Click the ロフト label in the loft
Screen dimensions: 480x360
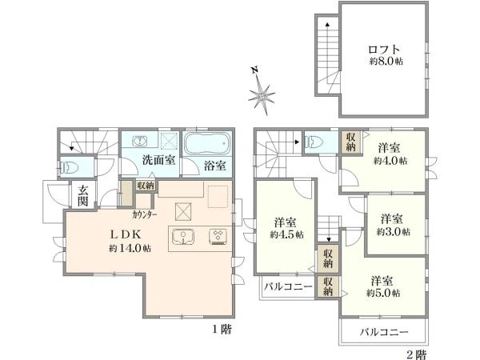(x=384, y=50)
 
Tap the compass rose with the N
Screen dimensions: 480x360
(x=261, y=93)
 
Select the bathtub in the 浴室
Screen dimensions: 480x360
(x=208, y=144)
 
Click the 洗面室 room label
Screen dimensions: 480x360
(x=158, y=160)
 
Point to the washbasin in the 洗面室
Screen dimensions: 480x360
(x=139, y=141)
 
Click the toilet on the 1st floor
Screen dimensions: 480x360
(x=70, y=167)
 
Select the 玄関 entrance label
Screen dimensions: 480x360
(x=82, y=196)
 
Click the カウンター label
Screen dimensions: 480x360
(x=145, y=215)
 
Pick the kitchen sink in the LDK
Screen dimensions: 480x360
(x=183, y=237)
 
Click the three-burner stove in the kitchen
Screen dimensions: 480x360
(x=218, y=236)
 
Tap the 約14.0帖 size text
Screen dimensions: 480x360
(x=130, y=248)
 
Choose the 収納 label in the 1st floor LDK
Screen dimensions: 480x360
(x=146, y=186)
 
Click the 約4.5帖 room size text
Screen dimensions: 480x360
(x=287, y=234)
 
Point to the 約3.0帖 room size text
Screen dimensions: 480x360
(x=394, y=232)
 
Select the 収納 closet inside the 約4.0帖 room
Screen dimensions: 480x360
(x=351, y=142)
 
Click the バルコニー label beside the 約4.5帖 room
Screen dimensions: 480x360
(x=288, y=287)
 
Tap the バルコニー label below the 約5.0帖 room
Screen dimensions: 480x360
(x=384, y=332)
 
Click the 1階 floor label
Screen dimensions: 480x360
(x=222, y=330)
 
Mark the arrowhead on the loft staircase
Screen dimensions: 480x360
(x=327, y=24)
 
